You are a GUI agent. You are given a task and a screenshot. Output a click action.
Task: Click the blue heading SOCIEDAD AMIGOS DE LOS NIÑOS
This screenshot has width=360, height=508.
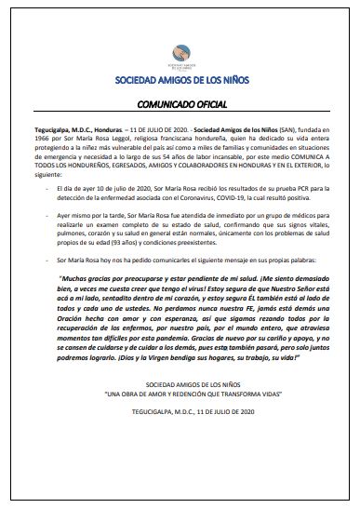tap(180, 83)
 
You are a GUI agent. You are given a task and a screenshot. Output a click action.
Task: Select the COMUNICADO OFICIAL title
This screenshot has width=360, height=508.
tap(180, 106)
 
